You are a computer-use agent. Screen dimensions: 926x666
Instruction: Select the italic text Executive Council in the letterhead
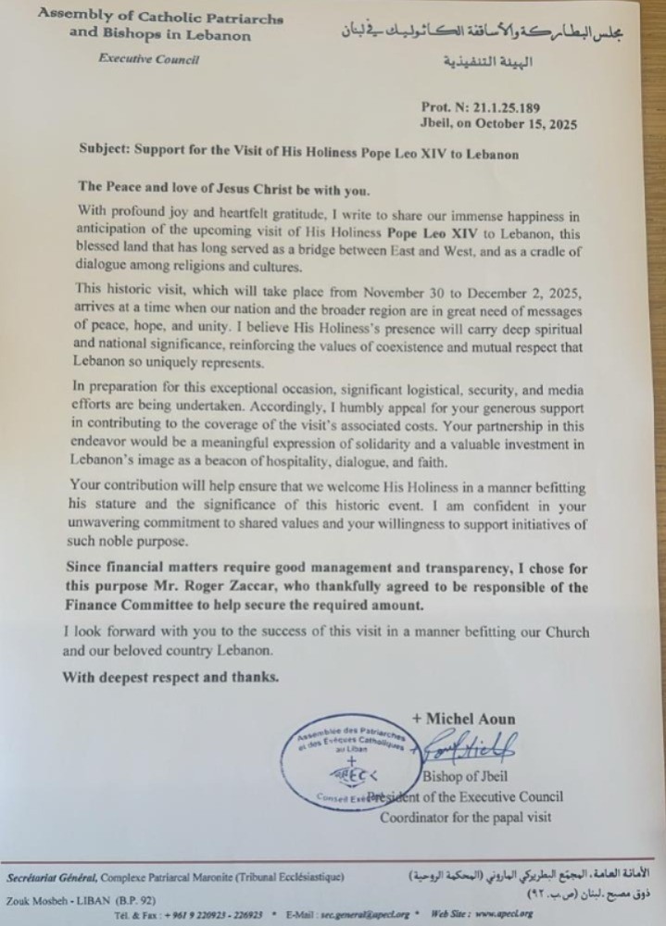(148, 59)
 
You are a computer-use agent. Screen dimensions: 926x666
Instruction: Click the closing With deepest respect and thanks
(170, 677)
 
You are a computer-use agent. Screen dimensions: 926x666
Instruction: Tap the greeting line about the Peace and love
(216, 192)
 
